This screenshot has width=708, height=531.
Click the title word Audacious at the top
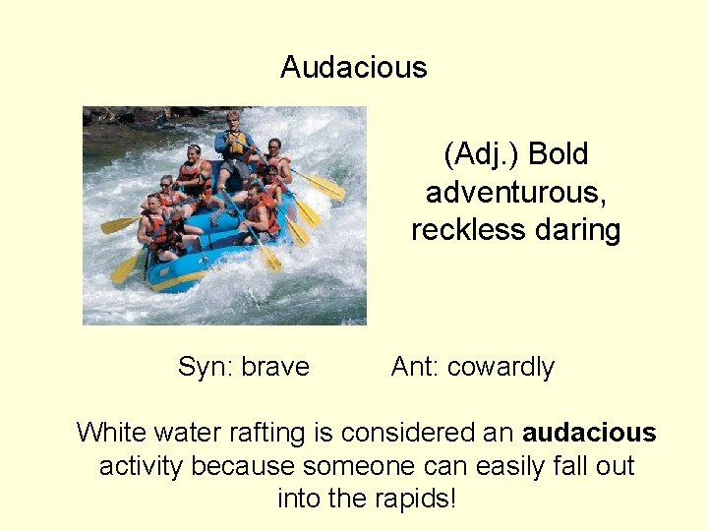(353, 67)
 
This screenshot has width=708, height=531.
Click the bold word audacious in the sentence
(589, 433)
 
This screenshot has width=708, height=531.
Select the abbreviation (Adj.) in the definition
(482, 154)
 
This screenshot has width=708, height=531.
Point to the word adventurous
(515, 192)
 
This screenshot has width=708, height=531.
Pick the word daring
(576, 229)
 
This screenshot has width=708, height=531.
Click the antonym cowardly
(501, 367)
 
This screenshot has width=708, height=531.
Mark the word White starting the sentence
(111, 433)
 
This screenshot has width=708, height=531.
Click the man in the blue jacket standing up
(234, 147)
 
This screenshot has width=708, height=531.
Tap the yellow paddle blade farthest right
(326, 187)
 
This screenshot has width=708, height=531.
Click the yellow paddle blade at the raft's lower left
(125, 268)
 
